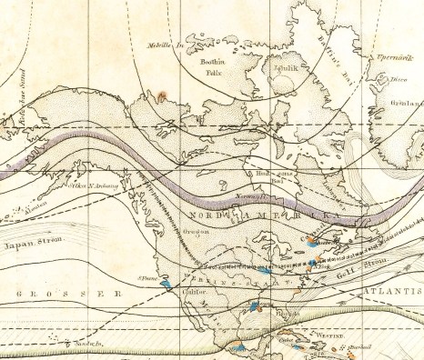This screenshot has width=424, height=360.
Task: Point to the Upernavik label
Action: point(384,57)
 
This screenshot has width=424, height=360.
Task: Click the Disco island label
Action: point(397,78)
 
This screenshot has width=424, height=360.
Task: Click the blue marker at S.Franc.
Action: point(165,284)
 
